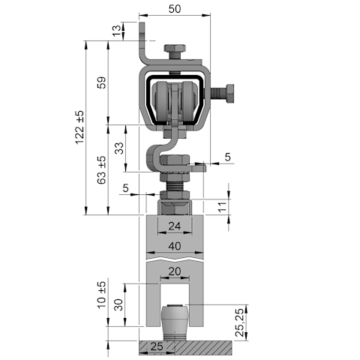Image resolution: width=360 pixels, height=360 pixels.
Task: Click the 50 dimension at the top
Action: point(175,9)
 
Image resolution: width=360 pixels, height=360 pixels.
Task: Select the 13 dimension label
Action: point(117,31)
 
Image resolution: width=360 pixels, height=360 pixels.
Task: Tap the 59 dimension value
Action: point(102,82)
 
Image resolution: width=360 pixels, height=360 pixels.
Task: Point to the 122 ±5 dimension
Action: point(79,127)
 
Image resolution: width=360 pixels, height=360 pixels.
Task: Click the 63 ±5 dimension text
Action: point(102,170)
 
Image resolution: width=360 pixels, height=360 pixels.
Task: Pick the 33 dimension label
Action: point(119,148)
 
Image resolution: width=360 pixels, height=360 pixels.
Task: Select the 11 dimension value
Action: point(222,207)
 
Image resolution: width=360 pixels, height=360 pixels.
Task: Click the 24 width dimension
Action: point(175,226)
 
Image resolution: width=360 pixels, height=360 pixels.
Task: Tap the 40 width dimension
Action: point(175,246)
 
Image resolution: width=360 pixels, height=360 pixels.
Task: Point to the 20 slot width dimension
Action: point(175,271)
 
